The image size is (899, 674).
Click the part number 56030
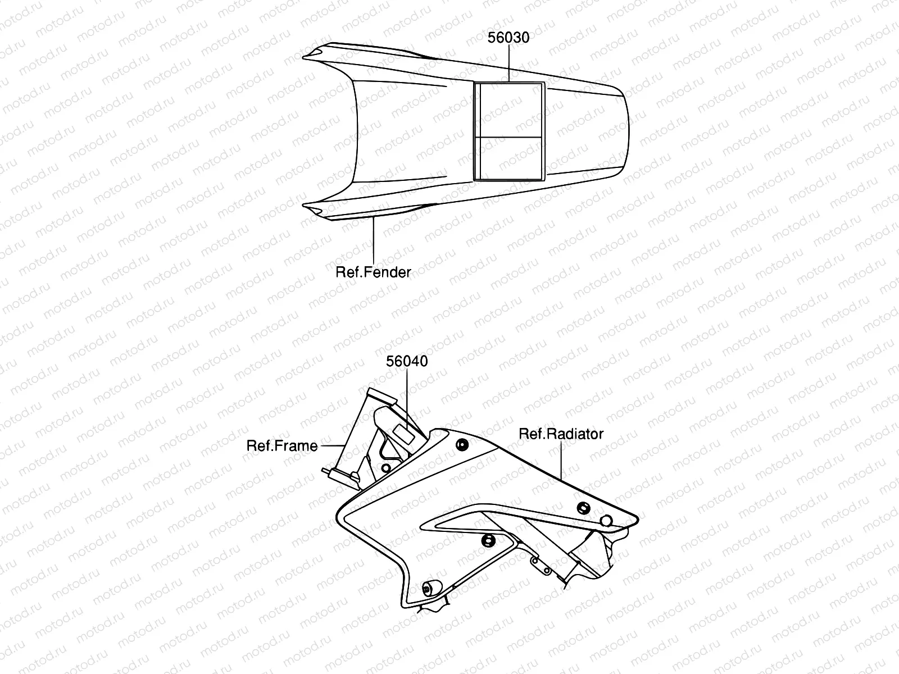[x=508, y=38]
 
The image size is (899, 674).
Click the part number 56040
[x=407, y=361]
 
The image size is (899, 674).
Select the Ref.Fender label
[x=373, y=272]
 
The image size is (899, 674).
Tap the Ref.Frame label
[x=282, y=445]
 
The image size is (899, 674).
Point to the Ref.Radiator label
[x=561, y=434]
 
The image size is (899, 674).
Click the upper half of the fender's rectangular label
[x=509, y=111]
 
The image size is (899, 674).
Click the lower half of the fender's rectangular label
[x=509, y=158]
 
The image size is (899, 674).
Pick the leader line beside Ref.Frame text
[x=332, y=445]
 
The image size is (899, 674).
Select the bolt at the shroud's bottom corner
[x=428, y=589]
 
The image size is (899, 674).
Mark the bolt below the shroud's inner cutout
[x=487, y=541]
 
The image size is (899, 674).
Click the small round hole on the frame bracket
[x=386, y=468]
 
